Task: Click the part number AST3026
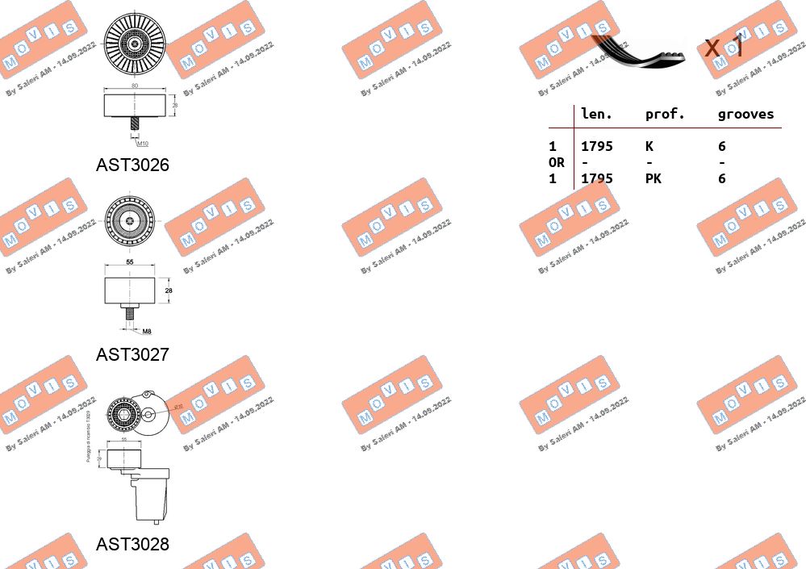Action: (132, 165)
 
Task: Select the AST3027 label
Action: (132, 354)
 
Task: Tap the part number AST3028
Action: (132, 544)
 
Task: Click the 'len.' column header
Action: (596, 115)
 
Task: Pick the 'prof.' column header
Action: (665, 115)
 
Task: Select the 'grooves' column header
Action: (745, 115)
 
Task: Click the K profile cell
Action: (649, 147)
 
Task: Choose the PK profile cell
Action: (653, 179)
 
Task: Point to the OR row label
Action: (556, 163)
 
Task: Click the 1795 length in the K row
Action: (597, 147)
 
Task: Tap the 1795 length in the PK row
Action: (597, 179)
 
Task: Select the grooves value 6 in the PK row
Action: (722, 179)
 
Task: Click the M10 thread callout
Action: (142, 143)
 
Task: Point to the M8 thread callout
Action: (147, 331)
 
